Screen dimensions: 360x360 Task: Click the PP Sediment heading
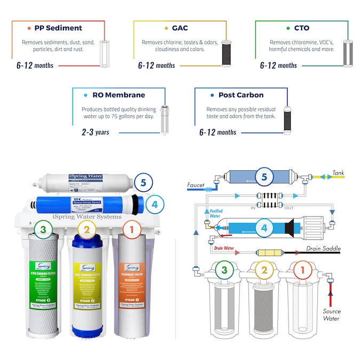pos(58,28)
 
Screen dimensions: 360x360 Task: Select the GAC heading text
pos(180,28)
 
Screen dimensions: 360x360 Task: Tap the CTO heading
pos(301,28)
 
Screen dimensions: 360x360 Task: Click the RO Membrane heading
pos(118,95)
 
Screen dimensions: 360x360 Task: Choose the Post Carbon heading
pos(241,95)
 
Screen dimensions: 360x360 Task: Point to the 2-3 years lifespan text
pos(95,132)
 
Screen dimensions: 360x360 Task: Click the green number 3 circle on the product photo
pos(43,230)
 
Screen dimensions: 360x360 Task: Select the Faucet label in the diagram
pos(196,185)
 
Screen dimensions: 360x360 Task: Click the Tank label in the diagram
pos(339,173)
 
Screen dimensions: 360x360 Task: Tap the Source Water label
pos(331,315)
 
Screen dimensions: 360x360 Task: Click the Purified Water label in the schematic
pos(216,213)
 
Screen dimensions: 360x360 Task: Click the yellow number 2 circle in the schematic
pos(263,270)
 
